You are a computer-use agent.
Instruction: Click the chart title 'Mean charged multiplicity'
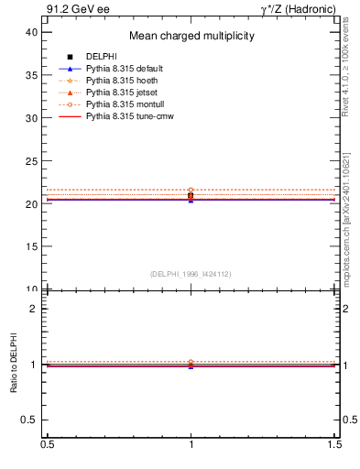point(191,37)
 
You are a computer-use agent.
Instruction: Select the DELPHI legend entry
point(100,58)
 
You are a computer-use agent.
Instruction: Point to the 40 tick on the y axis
point(31,32)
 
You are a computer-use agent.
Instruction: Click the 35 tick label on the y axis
point(31,75)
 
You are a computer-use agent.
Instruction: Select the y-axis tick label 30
point(31,118)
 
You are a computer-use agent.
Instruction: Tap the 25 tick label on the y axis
point(31,161)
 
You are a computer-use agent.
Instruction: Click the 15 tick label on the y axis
point(31,246)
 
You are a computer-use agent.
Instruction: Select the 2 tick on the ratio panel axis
point(34,309)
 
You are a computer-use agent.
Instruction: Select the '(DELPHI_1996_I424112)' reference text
point(191,274)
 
